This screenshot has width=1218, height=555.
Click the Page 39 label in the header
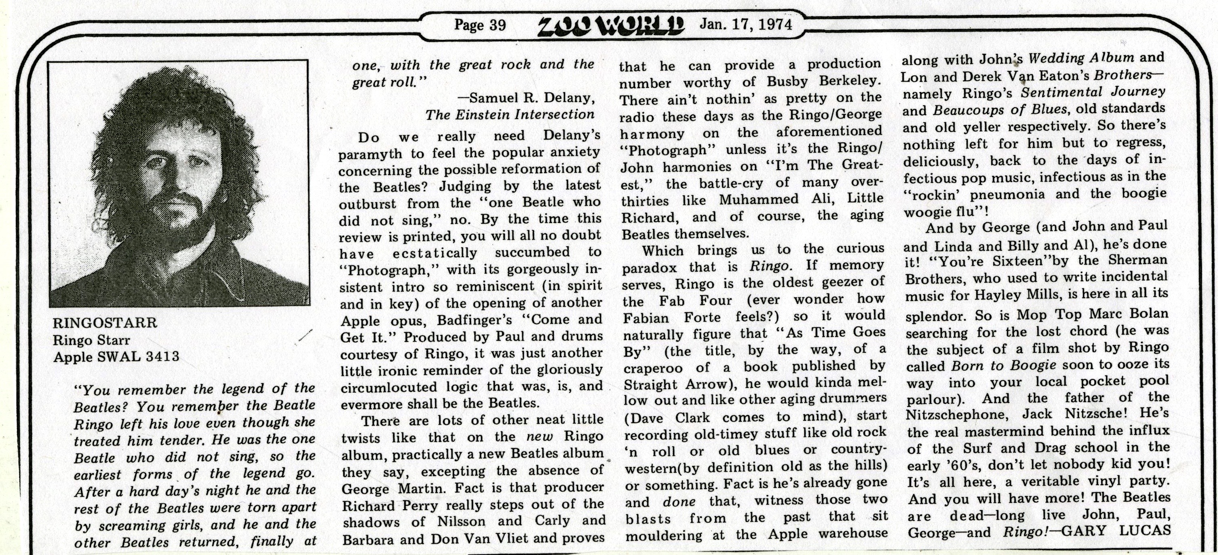(479, 25)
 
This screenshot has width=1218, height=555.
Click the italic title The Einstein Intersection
(510, 114)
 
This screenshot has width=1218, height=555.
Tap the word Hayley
(998, 295)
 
